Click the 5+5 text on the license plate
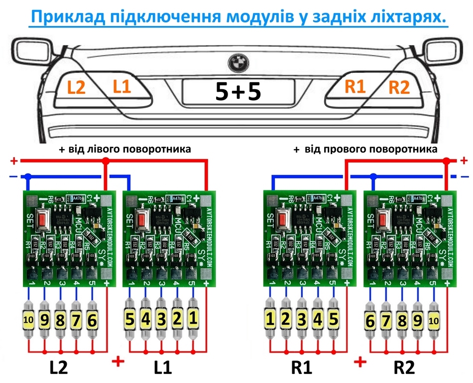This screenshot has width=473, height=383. (237, 92)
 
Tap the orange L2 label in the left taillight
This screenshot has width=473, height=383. (77, 88)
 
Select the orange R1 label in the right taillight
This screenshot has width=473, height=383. (355, 87)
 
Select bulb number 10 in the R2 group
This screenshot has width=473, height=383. (433, 321)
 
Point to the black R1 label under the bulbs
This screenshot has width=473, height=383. (302, 368)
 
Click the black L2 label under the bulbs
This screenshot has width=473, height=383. (59, 368)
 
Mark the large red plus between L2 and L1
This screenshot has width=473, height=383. (118, 362)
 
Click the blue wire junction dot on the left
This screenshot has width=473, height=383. (28, 177)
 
